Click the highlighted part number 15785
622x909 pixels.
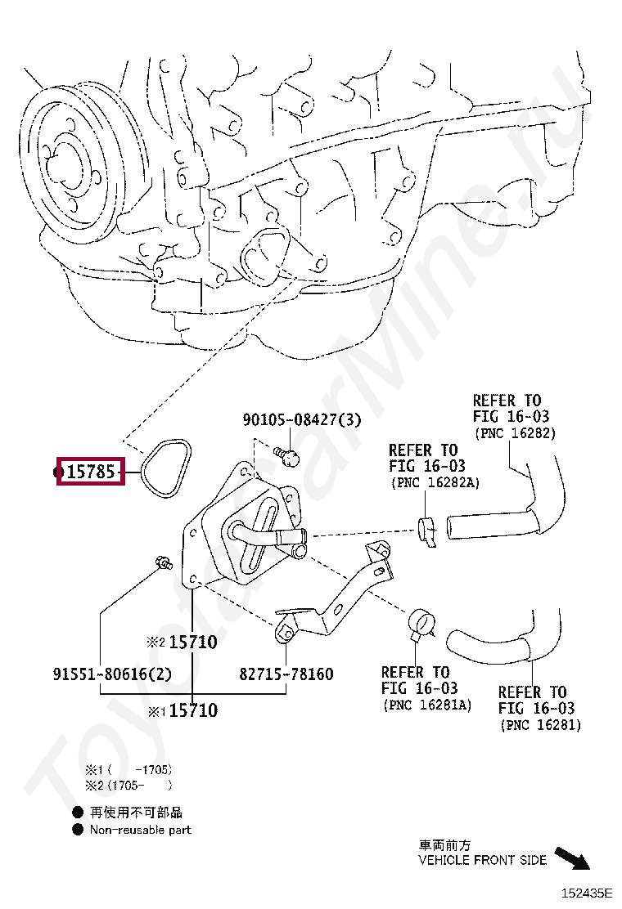[90, 472]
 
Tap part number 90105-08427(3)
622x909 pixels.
[301, 420]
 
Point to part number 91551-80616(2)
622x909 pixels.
[113, 674]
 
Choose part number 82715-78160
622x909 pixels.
[286, 674]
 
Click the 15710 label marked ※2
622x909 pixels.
[193, 643]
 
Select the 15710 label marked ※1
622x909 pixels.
[193, 711]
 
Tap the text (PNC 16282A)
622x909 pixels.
[435, 482]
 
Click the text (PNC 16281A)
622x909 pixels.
[427, 705]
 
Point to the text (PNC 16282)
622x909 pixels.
[515, 433]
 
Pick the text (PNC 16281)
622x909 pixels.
[540, 725]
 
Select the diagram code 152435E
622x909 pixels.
[586, 893]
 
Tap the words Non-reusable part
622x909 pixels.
[140, 830]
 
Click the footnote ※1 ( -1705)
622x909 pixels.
[128, 769]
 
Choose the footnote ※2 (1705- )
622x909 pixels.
[128, 786]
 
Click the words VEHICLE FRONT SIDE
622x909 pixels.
[482, 860]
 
